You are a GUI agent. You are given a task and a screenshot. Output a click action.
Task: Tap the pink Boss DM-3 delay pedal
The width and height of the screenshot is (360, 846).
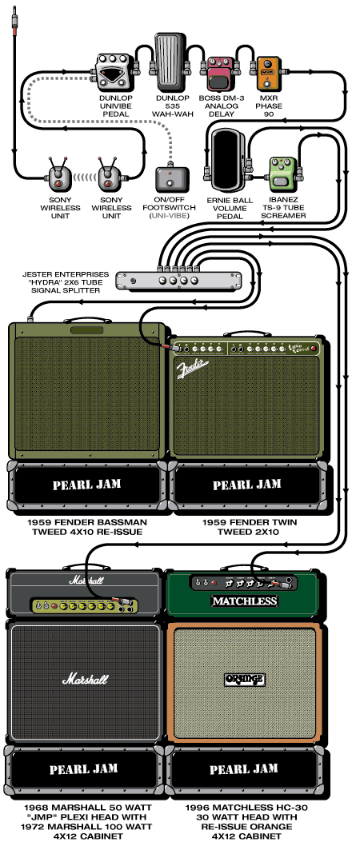pos(218,74)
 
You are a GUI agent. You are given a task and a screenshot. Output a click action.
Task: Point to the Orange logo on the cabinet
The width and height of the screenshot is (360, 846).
pos(244,680)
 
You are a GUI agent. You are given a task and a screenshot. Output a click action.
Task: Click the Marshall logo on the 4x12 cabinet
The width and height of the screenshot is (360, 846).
pos(84,680)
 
